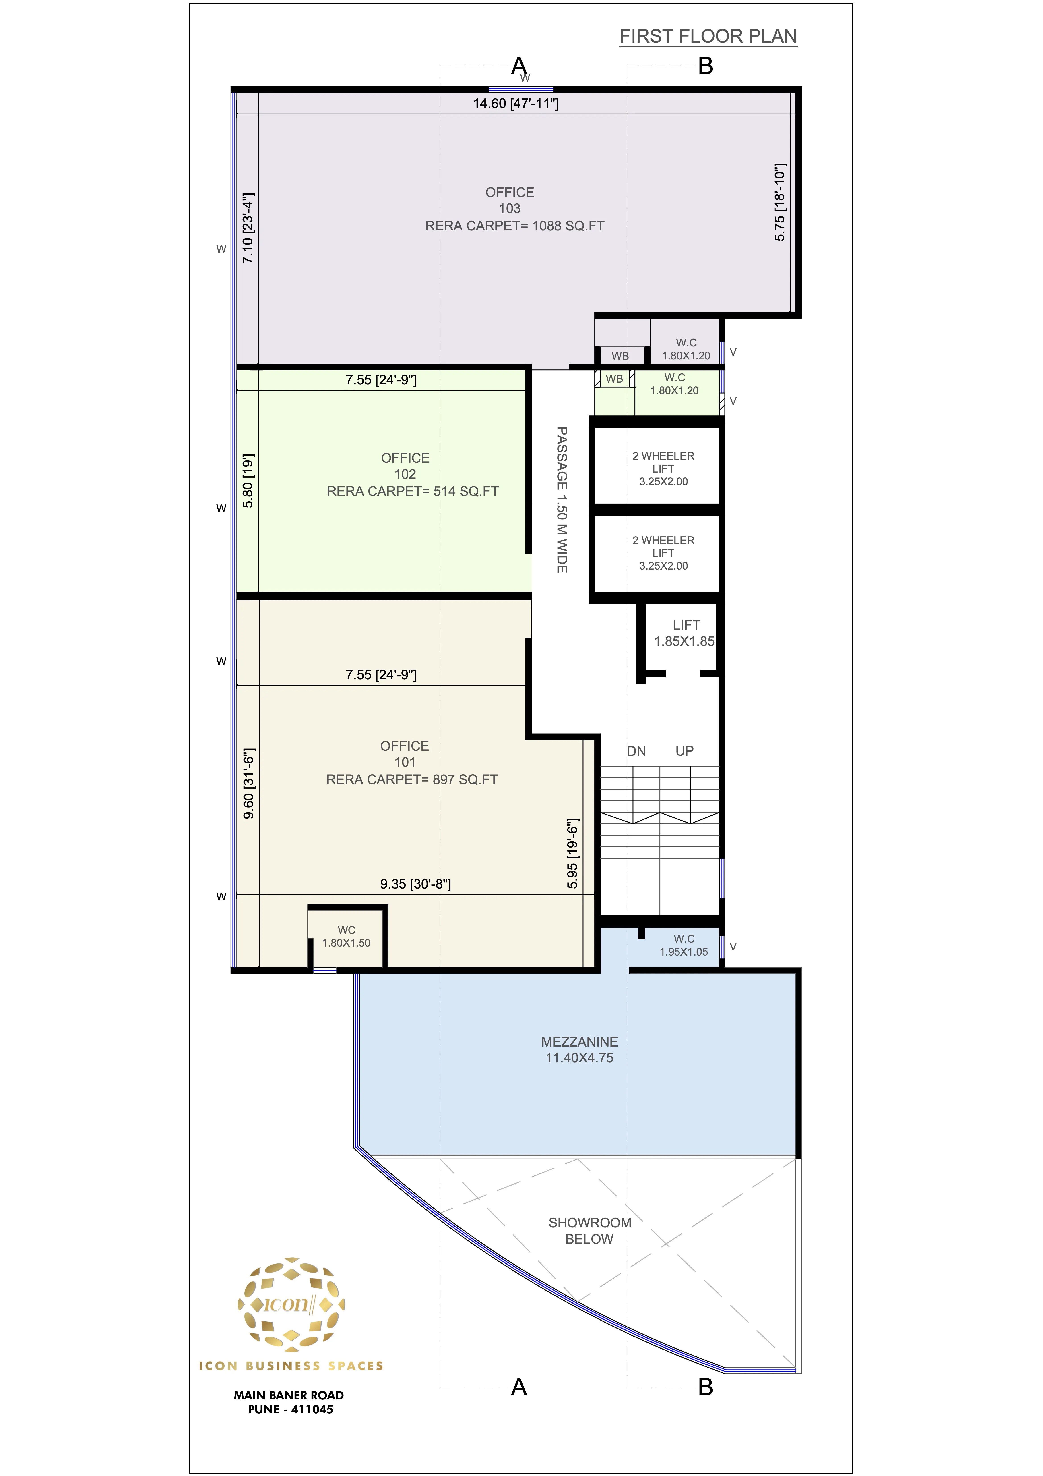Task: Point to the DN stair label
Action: (636, 751)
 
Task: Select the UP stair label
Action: (684, 751)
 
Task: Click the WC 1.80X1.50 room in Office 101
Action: (346, 937)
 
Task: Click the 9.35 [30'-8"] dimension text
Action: (415, 884)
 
